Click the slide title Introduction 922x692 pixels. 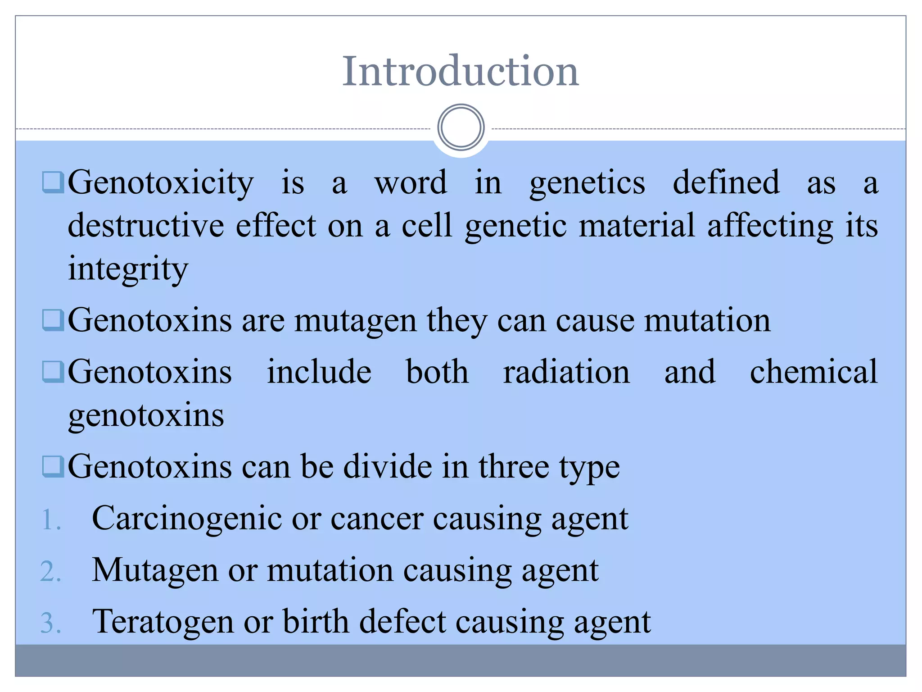coord(460,71)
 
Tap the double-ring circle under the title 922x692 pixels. coord(461,127)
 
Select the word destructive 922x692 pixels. coord(146,225)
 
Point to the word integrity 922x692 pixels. coord(128,269)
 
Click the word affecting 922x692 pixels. coord(770,225)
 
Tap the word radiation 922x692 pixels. coord(566,372)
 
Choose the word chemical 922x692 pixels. coord(814,372)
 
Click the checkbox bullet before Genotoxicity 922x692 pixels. coord(53,182)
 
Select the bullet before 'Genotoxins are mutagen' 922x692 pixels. coord(53,320)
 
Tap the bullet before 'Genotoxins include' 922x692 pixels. coord(53,372)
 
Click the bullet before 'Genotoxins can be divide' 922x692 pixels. coord(53,466)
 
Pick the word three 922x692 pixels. coord(513,467)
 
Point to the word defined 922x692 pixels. coord(726,182)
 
